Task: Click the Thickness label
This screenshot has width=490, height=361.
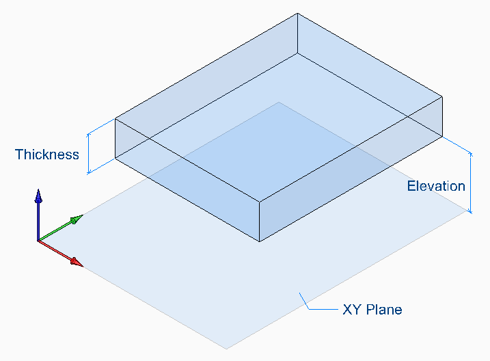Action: [x=47, y=154]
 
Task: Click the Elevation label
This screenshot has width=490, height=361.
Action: [x=436, y=186]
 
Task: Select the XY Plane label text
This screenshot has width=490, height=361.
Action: [x=372, y=310]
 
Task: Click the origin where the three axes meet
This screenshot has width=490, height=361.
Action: [x=38, y=241]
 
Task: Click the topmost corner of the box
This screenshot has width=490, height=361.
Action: [x=297, y=13]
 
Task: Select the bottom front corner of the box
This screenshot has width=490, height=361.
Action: [x=259, y=241]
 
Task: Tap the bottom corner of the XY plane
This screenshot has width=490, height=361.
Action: [x=226, y=348]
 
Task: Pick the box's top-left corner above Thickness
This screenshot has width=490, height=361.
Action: [x=114, y=120]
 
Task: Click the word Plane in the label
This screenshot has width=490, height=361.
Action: [x=384, y=310]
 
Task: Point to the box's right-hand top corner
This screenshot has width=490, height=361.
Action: [x=442, y=95]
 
